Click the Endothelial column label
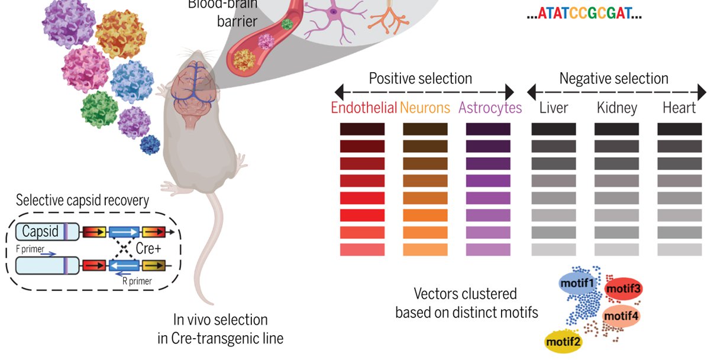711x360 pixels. [363, 108]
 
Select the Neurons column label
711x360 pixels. [425, 108]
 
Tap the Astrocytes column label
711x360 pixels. [490, 108]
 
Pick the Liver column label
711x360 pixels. [554, 108]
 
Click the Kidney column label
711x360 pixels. [617, 108]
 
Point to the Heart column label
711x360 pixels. [679, 108]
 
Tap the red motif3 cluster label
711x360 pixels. [623, 289]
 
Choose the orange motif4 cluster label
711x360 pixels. [621, 316]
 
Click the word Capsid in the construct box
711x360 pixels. [40, 232]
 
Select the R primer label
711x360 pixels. [137, 281]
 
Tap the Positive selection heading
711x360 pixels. [420, 79]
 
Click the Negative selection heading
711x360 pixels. [613, 79]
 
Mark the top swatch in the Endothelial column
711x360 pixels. [362, 129]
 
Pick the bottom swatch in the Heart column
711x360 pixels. [679, 249]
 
